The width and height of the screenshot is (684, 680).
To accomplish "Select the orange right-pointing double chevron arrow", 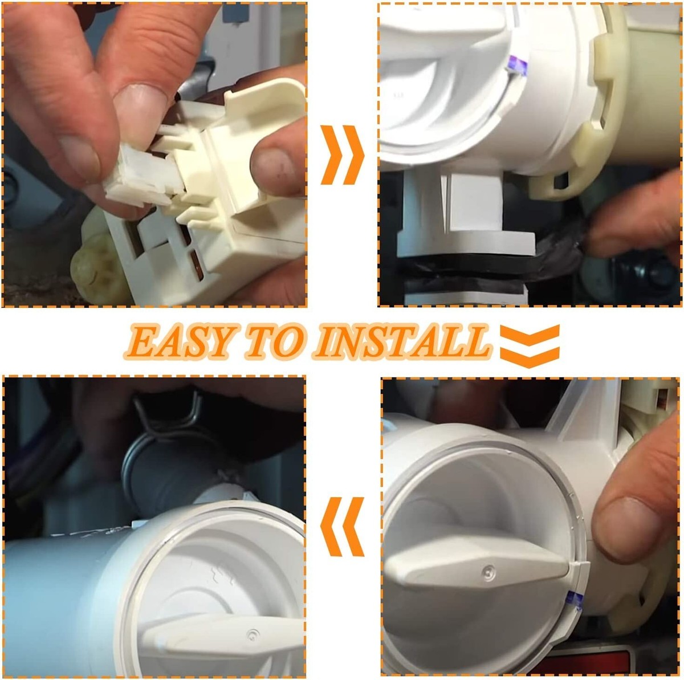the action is click(343, 155).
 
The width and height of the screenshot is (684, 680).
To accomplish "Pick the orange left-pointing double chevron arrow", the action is click(342, 527).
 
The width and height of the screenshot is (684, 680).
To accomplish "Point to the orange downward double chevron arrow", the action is click(530, 346).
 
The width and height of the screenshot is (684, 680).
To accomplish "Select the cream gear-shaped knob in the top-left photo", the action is click(95, 268).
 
